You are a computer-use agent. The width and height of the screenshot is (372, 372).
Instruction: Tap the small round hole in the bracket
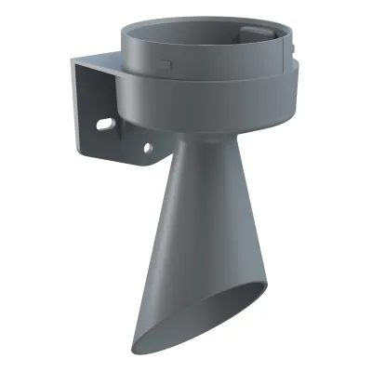[x=146, y=146]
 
